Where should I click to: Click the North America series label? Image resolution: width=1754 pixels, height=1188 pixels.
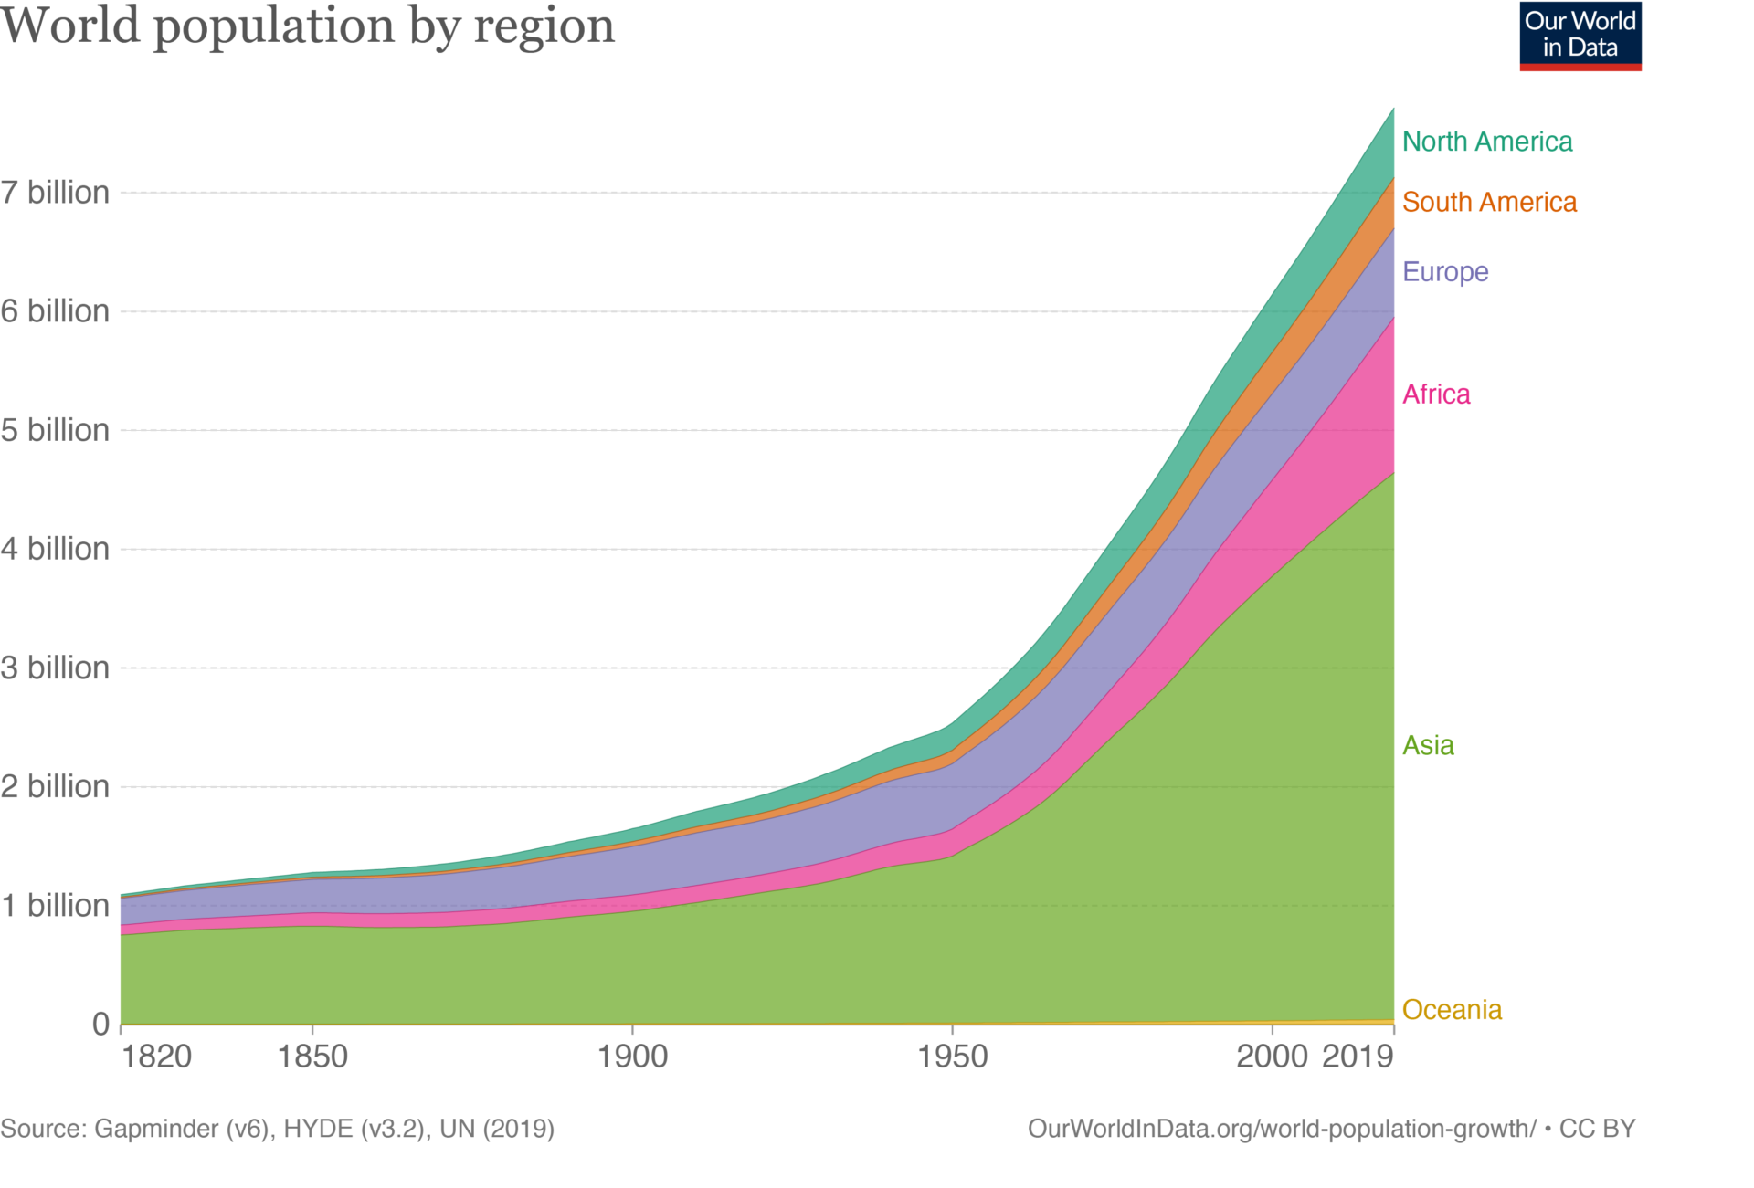coord(1486,142)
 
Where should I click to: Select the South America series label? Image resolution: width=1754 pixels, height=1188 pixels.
coord(1489,202)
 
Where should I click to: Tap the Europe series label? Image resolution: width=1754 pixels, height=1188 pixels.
coord(1445,271)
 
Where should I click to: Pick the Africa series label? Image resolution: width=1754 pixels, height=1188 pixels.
coord(1436,394)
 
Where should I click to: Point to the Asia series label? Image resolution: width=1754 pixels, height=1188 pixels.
coord(1428,745)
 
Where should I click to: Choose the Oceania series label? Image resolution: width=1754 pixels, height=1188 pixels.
coord(1452,1009)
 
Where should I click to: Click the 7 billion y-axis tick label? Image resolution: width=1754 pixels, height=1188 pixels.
coord(55,193)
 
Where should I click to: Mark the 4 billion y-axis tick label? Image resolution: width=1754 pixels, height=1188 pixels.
coord(55,549)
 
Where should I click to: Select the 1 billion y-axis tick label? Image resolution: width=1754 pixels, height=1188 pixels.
coord(55,905)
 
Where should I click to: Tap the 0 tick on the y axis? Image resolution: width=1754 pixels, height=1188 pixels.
coord(100,1024)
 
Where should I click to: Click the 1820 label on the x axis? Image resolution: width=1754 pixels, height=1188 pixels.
coord(156,1057)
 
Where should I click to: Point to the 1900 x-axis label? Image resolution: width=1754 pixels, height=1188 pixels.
coord(632,1057)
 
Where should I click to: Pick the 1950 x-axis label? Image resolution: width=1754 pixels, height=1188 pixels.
coord(952,1057)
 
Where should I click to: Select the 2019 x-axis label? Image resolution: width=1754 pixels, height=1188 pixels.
coord(1358,1057)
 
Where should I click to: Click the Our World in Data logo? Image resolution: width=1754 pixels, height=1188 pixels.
coord(1580,37)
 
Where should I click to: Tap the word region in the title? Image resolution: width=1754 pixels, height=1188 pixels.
coord(544,26)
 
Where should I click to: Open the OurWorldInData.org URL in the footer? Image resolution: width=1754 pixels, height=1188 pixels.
coord(1282,1129)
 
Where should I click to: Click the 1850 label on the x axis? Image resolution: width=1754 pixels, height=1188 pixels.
coord(312,1057)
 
